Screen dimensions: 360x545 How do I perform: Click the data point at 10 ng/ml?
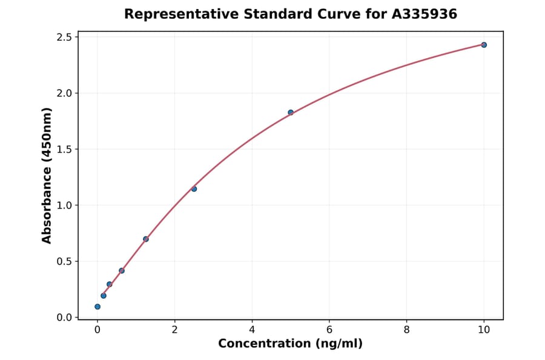[x=484, y=45]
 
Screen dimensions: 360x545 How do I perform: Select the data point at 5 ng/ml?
[x=291, y=112]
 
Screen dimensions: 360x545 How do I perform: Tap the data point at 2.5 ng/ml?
[x=194, y=188]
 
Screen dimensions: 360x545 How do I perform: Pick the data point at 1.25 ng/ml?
[x=146, y=239]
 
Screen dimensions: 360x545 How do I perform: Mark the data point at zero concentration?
[x=97, y=307]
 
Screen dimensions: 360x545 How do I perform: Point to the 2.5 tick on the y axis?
[x=65, y=38]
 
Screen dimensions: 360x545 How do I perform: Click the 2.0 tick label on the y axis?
[x=65, y=93]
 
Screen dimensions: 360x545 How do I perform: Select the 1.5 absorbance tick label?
[x=65, y=150]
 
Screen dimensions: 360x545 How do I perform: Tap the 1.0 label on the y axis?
[x=65, y=205]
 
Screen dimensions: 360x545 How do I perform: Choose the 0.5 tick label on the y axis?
[x=65, y=262]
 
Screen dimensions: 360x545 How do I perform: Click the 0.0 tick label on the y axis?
[x=65, y=318]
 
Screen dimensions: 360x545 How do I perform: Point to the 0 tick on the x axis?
[x=97, y=330]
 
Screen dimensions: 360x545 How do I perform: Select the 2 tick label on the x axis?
[x=175, y=330]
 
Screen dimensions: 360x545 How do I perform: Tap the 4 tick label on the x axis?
[x=252, y=330]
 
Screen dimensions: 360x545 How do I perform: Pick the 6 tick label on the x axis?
[x=329, y=330]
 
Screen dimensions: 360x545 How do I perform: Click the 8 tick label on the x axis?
[x=406, y=330]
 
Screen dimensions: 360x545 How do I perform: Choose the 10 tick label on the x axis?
[x=484, y=330]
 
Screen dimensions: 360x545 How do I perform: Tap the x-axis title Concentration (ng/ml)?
[x=290, y=344]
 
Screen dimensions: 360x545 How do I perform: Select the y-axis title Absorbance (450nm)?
[x=47, y=176]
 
